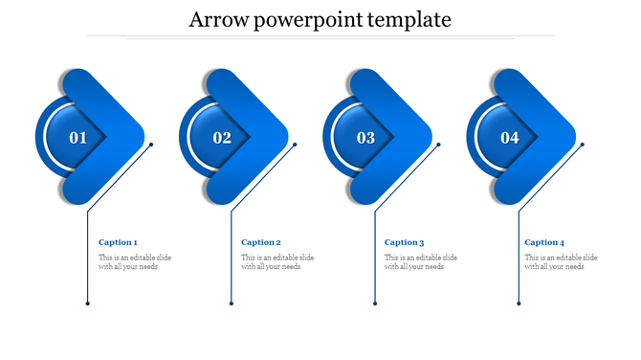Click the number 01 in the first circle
click(x=78, y=138)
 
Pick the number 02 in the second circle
click(x=222, y=138)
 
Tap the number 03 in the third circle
click(x=366, y=138)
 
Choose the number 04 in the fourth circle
click(x=510, y=138)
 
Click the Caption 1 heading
click(x=118, y=242)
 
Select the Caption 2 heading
click(x=261, y=242)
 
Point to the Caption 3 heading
click(x=404, y=242)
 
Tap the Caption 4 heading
click(x=544, y=242)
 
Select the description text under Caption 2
click(x=277, y=261)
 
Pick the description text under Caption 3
click(x=421, y=261)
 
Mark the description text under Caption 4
click(x=562, y=261)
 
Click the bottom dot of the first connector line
click(x=87, y=304)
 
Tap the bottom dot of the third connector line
click(x=375, y=304)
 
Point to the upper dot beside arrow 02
click(x=295, y=145)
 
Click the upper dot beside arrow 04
click(x=583, y=145)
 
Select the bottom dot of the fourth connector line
click(x=519, y=304)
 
